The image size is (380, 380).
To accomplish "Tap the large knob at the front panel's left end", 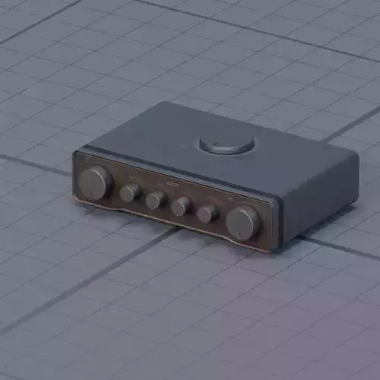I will [x=96, y=182].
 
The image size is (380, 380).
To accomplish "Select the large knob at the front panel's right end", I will [x=243, y=222].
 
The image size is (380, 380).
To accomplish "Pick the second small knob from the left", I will [x=156, y=199].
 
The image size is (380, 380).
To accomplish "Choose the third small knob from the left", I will [x=181, y=206].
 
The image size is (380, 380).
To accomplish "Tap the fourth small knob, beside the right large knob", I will [x=207, y=213].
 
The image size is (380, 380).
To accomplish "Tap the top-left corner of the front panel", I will [x=77, y=154].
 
